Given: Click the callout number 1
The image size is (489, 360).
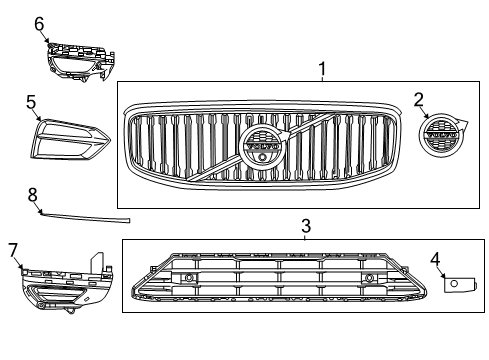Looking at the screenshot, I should coord(323,70).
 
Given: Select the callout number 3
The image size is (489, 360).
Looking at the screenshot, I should coord(306,228).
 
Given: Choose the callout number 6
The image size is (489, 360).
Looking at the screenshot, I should coord(39,22).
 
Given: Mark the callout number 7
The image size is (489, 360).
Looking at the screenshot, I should coord(13,247).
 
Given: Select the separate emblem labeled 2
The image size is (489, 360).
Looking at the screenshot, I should coord(438,142).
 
